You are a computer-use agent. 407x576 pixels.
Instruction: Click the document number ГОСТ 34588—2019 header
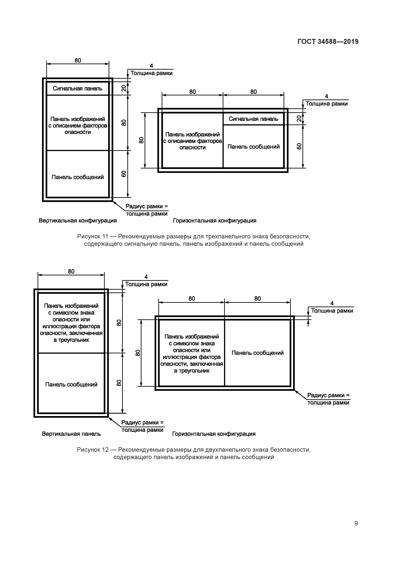(x=328, y=42)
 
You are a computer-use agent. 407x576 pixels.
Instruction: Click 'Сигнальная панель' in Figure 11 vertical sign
(x=77, y=89)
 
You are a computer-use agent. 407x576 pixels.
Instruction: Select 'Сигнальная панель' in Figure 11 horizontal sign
(x=253, y=119)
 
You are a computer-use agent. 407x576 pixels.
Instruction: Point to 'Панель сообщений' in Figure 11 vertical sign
(x=77, y=177)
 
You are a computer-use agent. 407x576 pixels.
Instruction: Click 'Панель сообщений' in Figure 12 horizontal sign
(x=257, y=353)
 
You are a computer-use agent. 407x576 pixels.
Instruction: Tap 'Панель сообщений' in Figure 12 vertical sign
(x=71, y=385)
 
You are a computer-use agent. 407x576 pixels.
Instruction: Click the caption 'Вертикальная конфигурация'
(x=78, y=221)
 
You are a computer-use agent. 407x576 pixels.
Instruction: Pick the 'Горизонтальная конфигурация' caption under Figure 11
(x=215, y=221)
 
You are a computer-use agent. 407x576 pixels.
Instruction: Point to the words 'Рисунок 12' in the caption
(x=92, y=450)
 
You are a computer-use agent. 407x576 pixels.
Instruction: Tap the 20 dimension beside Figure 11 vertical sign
(x=124, y=88)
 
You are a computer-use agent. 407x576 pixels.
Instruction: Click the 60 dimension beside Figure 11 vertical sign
(x=124, y=174)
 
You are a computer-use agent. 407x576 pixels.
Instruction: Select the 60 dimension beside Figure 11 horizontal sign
(x=299, y=146)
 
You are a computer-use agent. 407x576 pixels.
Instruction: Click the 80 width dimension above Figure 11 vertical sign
(x=78, y=60)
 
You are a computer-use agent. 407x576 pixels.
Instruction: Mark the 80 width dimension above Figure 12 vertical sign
(x=71, y=271)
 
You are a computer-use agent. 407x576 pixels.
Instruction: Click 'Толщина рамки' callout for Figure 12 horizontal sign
(x=332, y=311)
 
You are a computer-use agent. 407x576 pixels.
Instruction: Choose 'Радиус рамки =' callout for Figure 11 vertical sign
(x=147, y=206)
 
